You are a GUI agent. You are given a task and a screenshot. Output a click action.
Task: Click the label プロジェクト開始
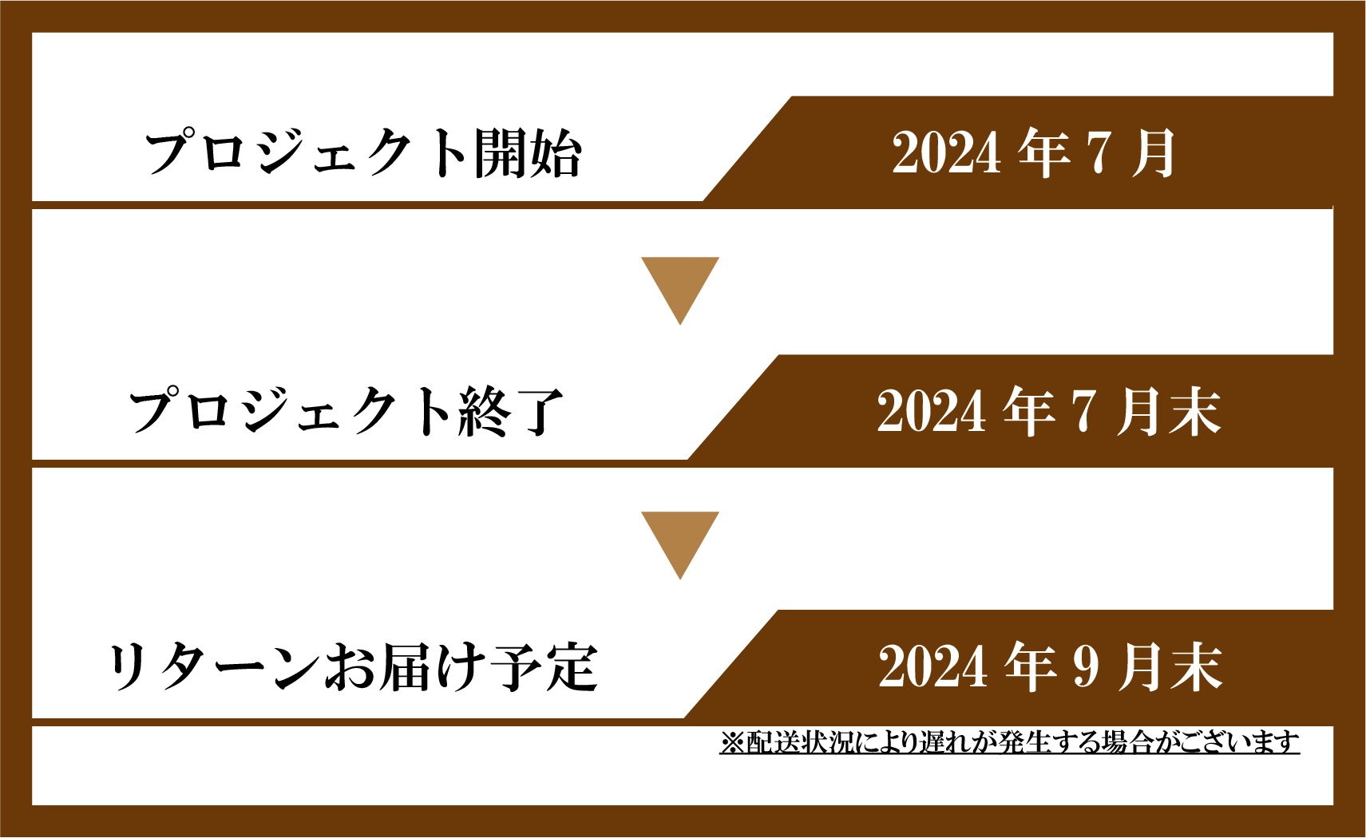tap(363, 153)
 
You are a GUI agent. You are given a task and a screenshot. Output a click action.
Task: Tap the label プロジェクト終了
tap(347, 411)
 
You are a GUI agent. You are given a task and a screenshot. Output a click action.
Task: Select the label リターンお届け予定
tap(352, 667)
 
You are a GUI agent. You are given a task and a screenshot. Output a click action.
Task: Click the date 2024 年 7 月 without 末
tap(1033, 152)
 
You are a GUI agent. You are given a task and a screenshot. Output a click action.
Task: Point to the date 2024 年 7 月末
tap(1048, 411)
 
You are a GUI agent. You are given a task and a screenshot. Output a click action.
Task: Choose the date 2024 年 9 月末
tap(1050, 667)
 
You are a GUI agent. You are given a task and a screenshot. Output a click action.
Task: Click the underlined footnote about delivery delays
tap(1009, 743)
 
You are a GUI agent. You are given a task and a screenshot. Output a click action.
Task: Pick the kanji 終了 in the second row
tap(512, 411)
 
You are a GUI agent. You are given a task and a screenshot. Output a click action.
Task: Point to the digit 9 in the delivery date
tap(1087, 667)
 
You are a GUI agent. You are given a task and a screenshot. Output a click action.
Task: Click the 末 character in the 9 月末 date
tap(1196, 667)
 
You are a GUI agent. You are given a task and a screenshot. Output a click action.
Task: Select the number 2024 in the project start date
tap(946, 153)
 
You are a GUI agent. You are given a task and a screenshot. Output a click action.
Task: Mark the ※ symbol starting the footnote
tap(731, 743)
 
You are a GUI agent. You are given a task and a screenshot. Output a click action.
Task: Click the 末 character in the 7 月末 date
tap(1194, 411)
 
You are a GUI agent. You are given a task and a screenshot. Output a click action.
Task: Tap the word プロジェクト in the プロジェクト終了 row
tap(291, 411)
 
